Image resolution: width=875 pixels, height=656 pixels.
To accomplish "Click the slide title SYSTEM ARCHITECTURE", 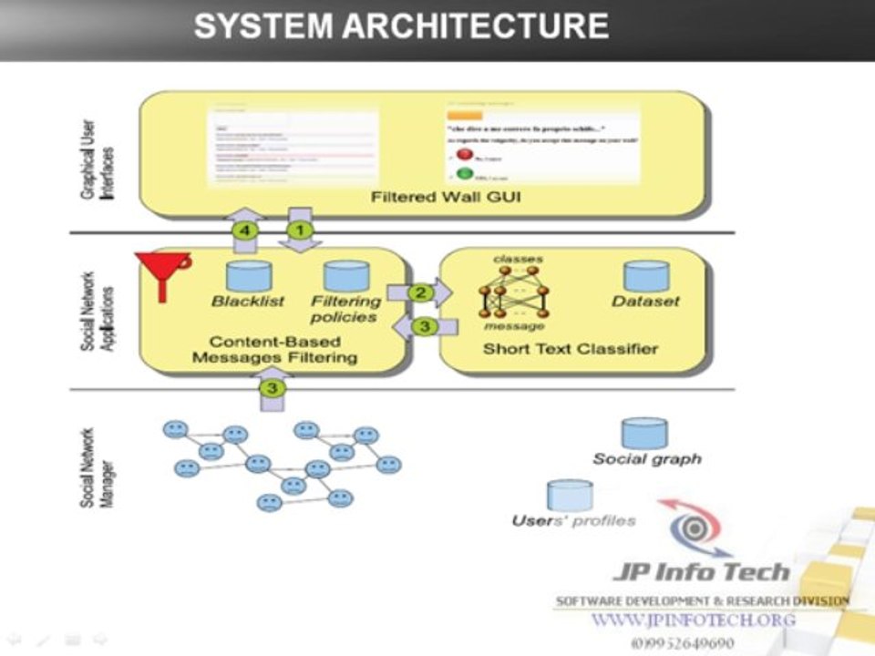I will (x=401, y=26).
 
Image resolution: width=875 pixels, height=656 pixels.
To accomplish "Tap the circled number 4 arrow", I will (x=244, y=231).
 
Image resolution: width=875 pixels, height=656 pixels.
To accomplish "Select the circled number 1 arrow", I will (x=299, y=231).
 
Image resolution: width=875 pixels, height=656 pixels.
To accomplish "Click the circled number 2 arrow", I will (x=420, y=293).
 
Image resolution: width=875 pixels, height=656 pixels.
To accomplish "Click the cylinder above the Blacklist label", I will (x=249, y=276).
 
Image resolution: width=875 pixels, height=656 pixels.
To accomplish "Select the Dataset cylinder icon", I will (x=646, y=276).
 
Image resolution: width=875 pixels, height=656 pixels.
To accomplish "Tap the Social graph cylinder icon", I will (x=644, y=434).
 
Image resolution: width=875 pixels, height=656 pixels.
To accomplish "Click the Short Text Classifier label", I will (x=571, y=349).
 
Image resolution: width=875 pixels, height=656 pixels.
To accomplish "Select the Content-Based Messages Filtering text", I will (x=274, y=350).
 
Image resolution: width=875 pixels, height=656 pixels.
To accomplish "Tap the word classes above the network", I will (x=518, y=260).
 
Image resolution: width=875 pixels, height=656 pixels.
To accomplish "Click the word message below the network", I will (x=514, y=326).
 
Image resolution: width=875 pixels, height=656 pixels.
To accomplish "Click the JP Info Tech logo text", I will (x=700, y=572).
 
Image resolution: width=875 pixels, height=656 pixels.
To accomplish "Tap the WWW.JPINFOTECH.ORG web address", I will (x=693, y=620).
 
